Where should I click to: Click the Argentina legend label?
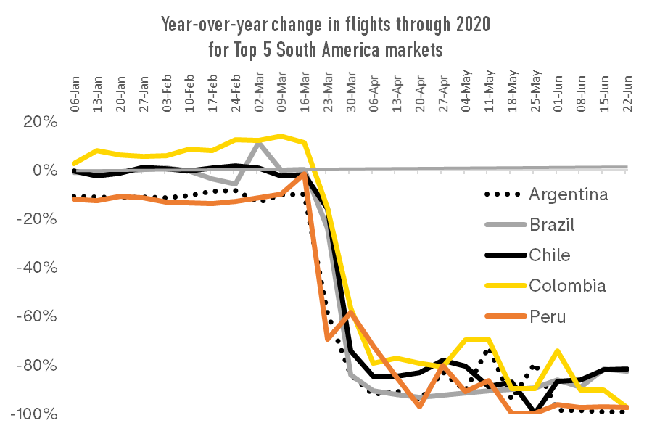568,194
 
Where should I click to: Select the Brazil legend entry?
552,224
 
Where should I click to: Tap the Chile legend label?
549,255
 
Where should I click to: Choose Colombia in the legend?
567,285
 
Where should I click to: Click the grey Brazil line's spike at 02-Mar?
259,141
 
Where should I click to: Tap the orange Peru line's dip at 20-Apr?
419,406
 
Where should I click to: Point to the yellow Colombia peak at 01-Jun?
557,351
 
